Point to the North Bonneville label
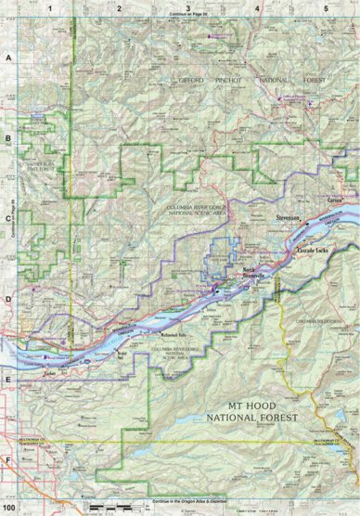252,273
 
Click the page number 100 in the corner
9,509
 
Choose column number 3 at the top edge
188,6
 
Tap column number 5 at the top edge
326,6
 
